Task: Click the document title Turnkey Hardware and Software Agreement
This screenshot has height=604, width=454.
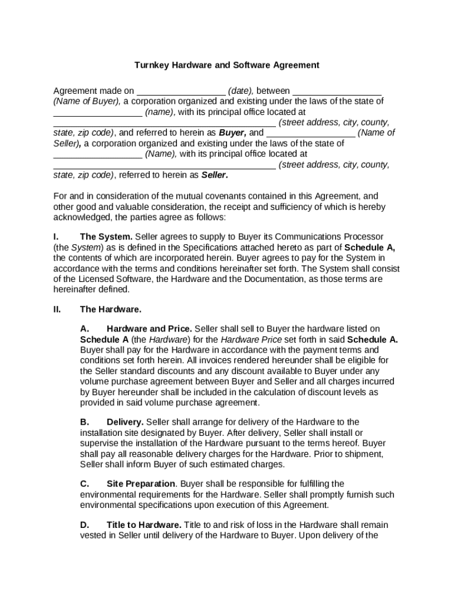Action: point(227,65)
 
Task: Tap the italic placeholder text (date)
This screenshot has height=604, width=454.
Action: point(241,91)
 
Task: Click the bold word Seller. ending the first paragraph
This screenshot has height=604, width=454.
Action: point(215,175)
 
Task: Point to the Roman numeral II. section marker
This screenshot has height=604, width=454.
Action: point(57,309)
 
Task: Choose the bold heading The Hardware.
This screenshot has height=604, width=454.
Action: point(111,309)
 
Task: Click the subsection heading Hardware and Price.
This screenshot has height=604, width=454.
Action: point(149,329)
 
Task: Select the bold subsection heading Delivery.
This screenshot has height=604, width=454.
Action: point(125,422)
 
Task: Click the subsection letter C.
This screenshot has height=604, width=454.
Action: point(85,484)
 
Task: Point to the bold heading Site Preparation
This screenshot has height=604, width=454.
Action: point(141,484)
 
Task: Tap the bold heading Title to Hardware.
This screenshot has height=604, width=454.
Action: point(144,526)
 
